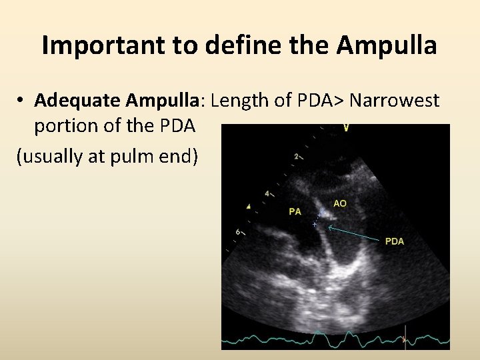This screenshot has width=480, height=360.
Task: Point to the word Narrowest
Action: (x=395, y=101)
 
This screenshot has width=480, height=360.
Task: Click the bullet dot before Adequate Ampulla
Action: (x=22, y=101)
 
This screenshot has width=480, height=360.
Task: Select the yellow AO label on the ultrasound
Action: (x=340, y=203)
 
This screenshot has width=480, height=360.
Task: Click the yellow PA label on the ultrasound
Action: (x=295, y=211)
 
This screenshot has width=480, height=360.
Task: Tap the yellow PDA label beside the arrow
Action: (x=395, y=241)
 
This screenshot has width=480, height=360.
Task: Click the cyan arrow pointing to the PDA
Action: (x=353, y=233)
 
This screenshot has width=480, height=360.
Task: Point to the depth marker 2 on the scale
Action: (x=296, y=157)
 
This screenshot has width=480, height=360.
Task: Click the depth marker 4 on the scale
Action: (x=267, y=193)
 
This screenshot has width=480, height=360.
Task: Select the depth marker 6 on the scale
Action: (x=238, y=231)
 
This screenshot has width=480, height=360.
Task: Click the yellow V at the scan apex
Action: (x=346, y=127)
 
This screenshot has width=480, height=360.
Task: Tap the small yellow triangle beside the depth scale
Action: (x=249, y=205)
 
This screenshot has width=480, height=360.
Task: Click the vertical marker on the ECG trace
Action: (x=403, y=340)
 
